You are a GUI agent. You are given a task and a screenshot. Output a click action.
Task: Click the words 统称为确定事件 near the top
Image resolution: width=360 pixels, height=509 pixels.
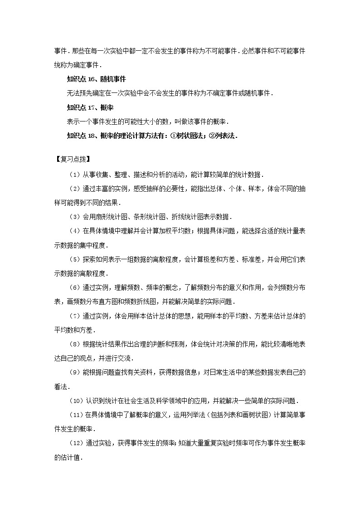[77, 65]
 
